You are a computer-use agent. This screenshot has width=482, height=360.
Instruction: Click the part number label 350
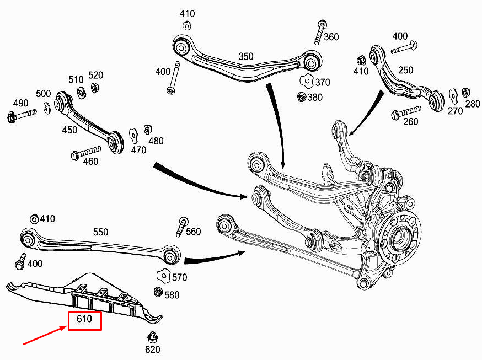coord(246,56)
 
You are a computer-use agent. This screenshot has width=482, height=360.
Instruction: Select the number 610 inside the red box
coord(84,319)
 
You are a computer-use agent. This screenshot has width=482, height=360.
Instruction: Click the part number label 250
coord(405,71)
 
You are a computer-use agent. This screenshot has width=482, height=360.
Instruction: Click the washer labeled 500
coord(46,106)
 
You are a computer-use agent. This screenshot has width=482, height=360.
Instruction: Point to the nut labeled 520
coord(94,88)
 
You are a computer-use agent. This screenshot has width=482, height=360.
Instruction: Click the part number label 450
coord(69,130)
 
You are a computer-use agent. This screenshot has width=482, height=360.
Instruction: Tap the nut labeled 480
coord(147,130)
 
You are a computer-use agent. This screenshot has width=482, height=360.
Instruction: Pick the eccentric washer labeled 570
coord(162,274)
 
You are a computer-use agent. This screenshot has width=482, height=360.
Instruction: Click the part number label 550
coord(100,233)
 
